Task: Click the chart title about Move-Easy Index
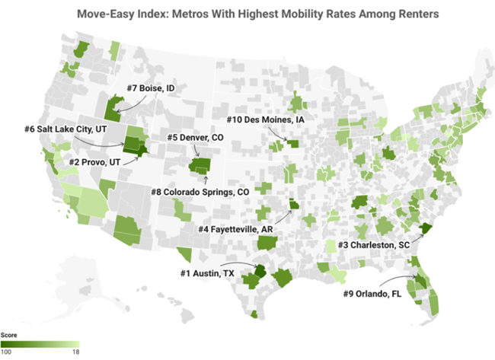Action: [x=247, y=14]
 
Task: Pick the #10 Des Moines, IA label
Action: [x=266, y=120]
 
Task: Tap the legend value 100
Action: [x=9, y=352]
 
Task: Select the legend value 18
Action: [x=75, y=352]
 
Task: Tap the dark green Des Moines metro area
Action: [x=293, y=143]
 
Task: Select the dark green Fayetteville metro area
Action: [x=294, y=203]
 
